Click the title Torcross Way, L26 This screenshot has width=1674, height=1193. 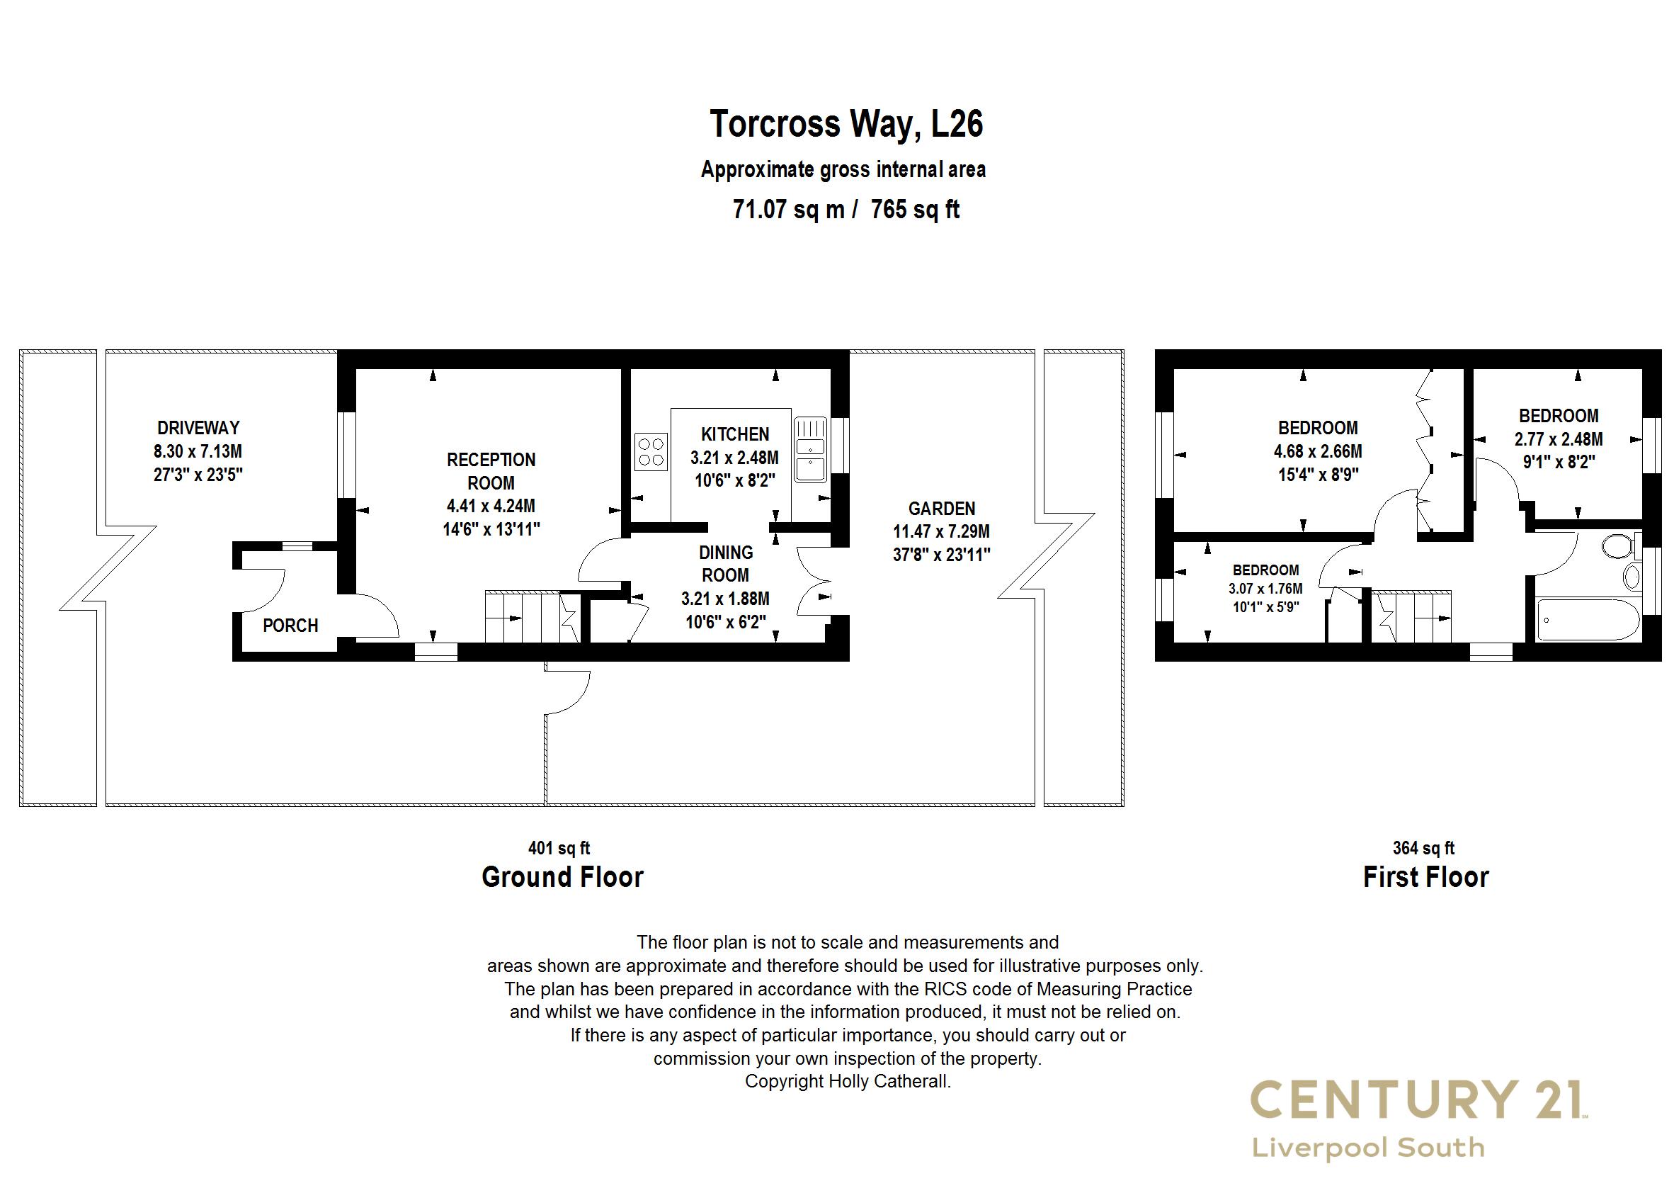click(845, 123)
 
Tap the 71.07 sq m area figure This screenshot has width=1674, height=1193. click(789, 210)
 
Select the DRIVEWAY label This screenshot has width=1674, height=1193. click(198, 428)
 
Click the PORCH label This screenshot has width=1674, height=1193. click(290, 626)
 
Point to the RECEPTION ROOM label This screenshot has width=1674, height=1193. click(491, 472)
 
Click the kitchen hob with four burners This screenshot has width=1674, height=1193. click(651, 452)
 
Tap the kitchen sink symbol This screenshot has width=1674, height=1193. click(811, 450)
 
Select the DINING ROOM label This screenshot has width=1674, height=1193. click(725, 563)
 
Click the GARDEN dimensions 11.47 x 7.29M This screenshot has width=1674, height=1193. click(940, 531)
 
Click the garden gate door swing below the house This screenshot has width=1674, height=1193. click(566, 691)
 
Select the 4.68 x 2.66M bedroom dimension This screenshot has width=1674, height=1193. click(1318, 451)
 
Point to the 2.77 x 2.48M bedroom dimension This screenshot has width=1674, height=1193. click(1559, 439)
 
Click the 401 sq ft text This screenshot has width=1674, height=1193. click(559, 849)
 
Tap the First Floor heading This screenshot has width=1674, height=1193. click(1425, 877)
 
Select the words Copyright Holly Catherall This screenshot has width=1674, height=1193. click(848, 1081)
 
